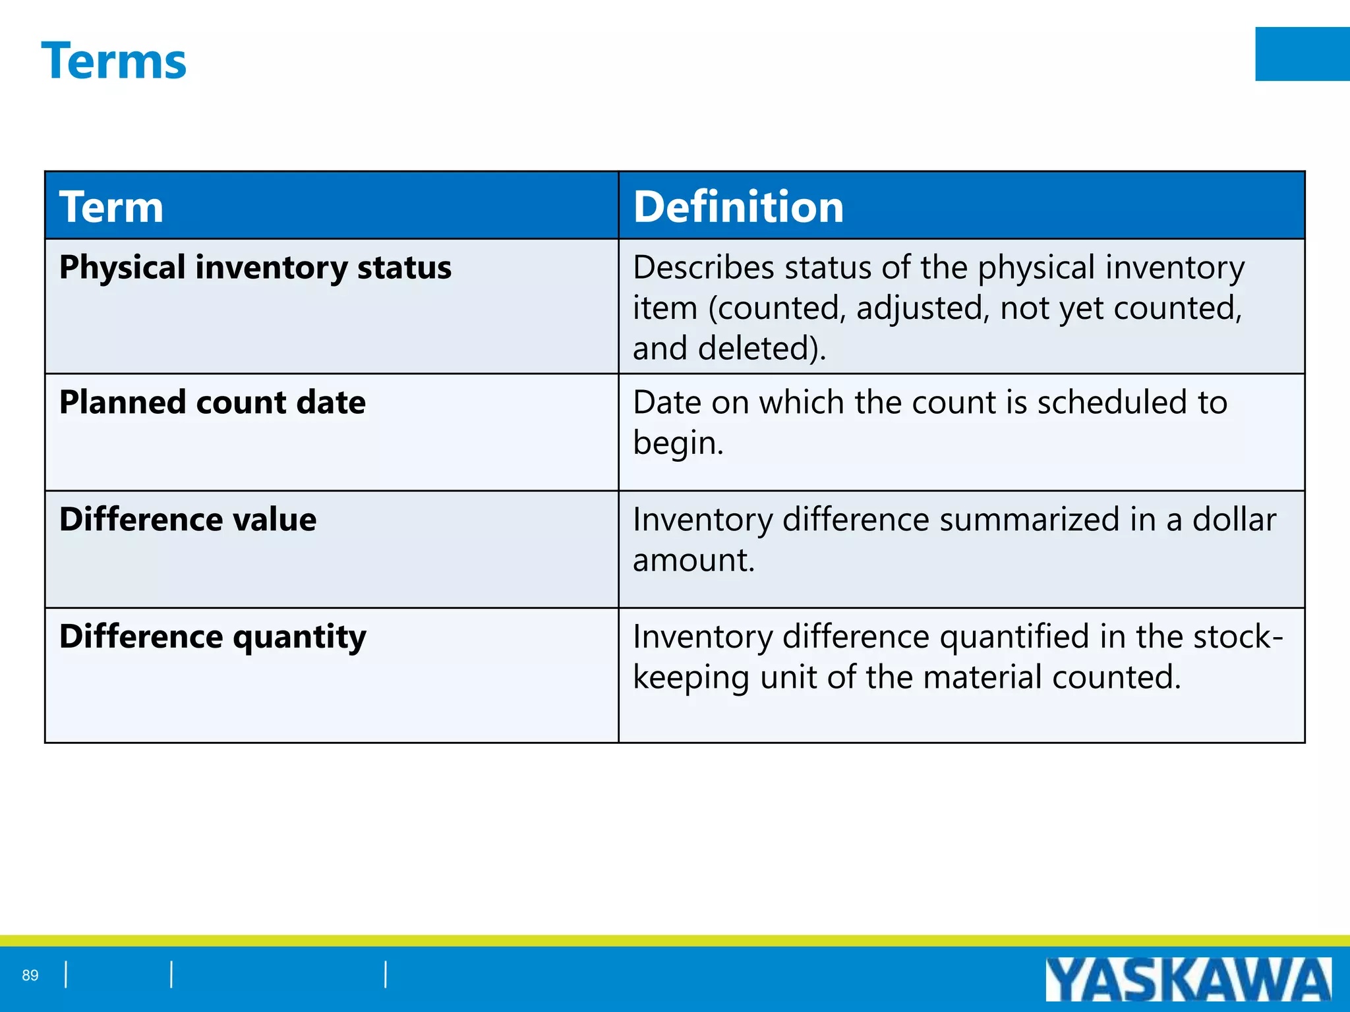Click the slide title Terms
point(113,61)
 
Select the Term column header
point(111,206)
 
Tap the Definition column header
point(738,206)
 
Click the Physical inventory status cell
point(255,267)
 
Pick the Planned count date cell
point(212,403)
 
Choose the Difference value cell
point(188,519)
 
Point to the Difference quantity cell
point(212,637)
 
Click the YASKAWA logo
point(1188,979)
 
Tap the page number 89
point(30,975)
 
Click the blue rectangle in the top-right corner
point(1302,54)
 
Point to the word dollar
point(1234,519)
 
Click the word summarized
point(1029,519)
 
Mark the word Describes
point(703,267)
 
